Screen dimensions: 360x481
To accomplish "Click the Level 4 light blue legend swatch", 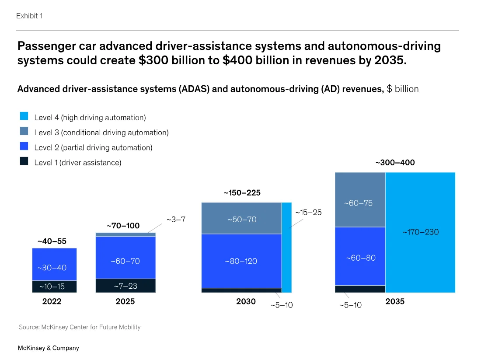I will click(x=24, y=116).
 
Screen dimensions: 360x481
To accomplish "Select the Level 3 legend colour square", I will click(x=24, y=131).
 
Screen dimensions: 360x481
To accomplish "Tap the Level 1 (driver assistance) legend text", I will click(x=77, y=163).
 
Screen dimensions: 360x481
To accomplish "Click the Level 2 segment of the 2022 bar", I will click(x=54, y=264).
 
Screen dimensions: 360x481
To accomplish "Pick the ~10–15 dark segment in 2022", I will click(x=54, y=287).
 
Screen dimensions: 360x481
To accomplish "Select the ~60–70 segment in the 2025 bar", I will click(x=125, y=258).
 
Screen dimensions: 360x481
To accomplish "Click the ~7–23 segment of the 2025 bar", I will click(x=125, y=286).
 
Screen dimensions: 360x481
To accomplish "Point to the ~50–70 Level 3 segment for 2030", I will click(x=241, y=218).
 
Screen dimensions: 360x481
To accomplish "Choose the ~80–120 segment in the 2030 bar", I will click(x=241, y=261).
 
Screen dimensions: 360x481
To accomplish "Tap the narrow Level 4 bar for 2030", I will click(x=286, y=247).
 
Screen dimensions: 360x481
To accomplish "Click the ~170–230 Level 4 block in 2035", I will click(x=420, y=232).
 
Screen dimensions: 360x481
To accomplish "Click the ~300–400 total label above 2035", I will click(x=395, y=163).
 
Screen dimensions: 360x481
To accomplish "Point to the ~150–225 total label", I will click(x=242, y=193).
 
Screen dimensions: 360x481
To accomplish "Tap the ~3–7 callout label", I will click(x=176, y=220).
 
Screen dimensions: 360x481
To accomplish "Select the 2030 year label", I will click(x=246, y=302).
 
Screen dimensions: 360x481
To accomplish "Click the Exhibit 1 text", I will click(x=29, y=16).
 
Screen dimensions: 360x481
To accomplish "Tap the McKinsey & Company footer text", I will click(x=48, y=348).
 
